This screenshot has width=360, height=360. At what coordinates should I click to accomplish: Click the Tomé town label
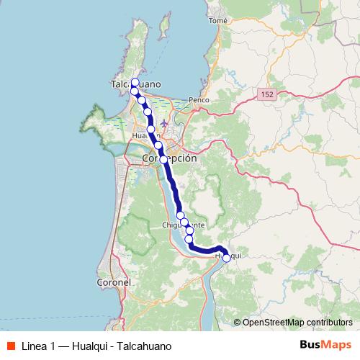click(x=217, y=21)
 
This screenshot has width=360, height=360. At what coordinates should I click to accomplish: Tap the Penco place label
click(x=197, y=99)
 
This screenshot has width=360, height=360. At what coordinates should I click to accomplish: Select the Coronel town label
click(x=113, y=283)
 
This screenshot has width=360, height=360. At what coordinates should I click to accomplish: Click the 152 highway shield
click(x=267, y=94)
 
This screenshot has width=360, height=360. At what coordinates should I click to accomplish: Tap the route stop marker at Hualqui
click(x=226, y=258)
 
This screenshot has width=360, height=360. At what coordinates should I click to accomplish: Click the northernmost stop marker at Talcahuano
click(x=135, y=82)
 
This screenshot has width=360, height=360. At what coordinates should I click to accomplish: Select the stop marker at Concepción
click(x=163, y=159)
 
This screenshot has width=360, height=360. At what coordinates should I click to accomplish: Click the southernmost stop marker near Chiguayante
click(x=189, y=239)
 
